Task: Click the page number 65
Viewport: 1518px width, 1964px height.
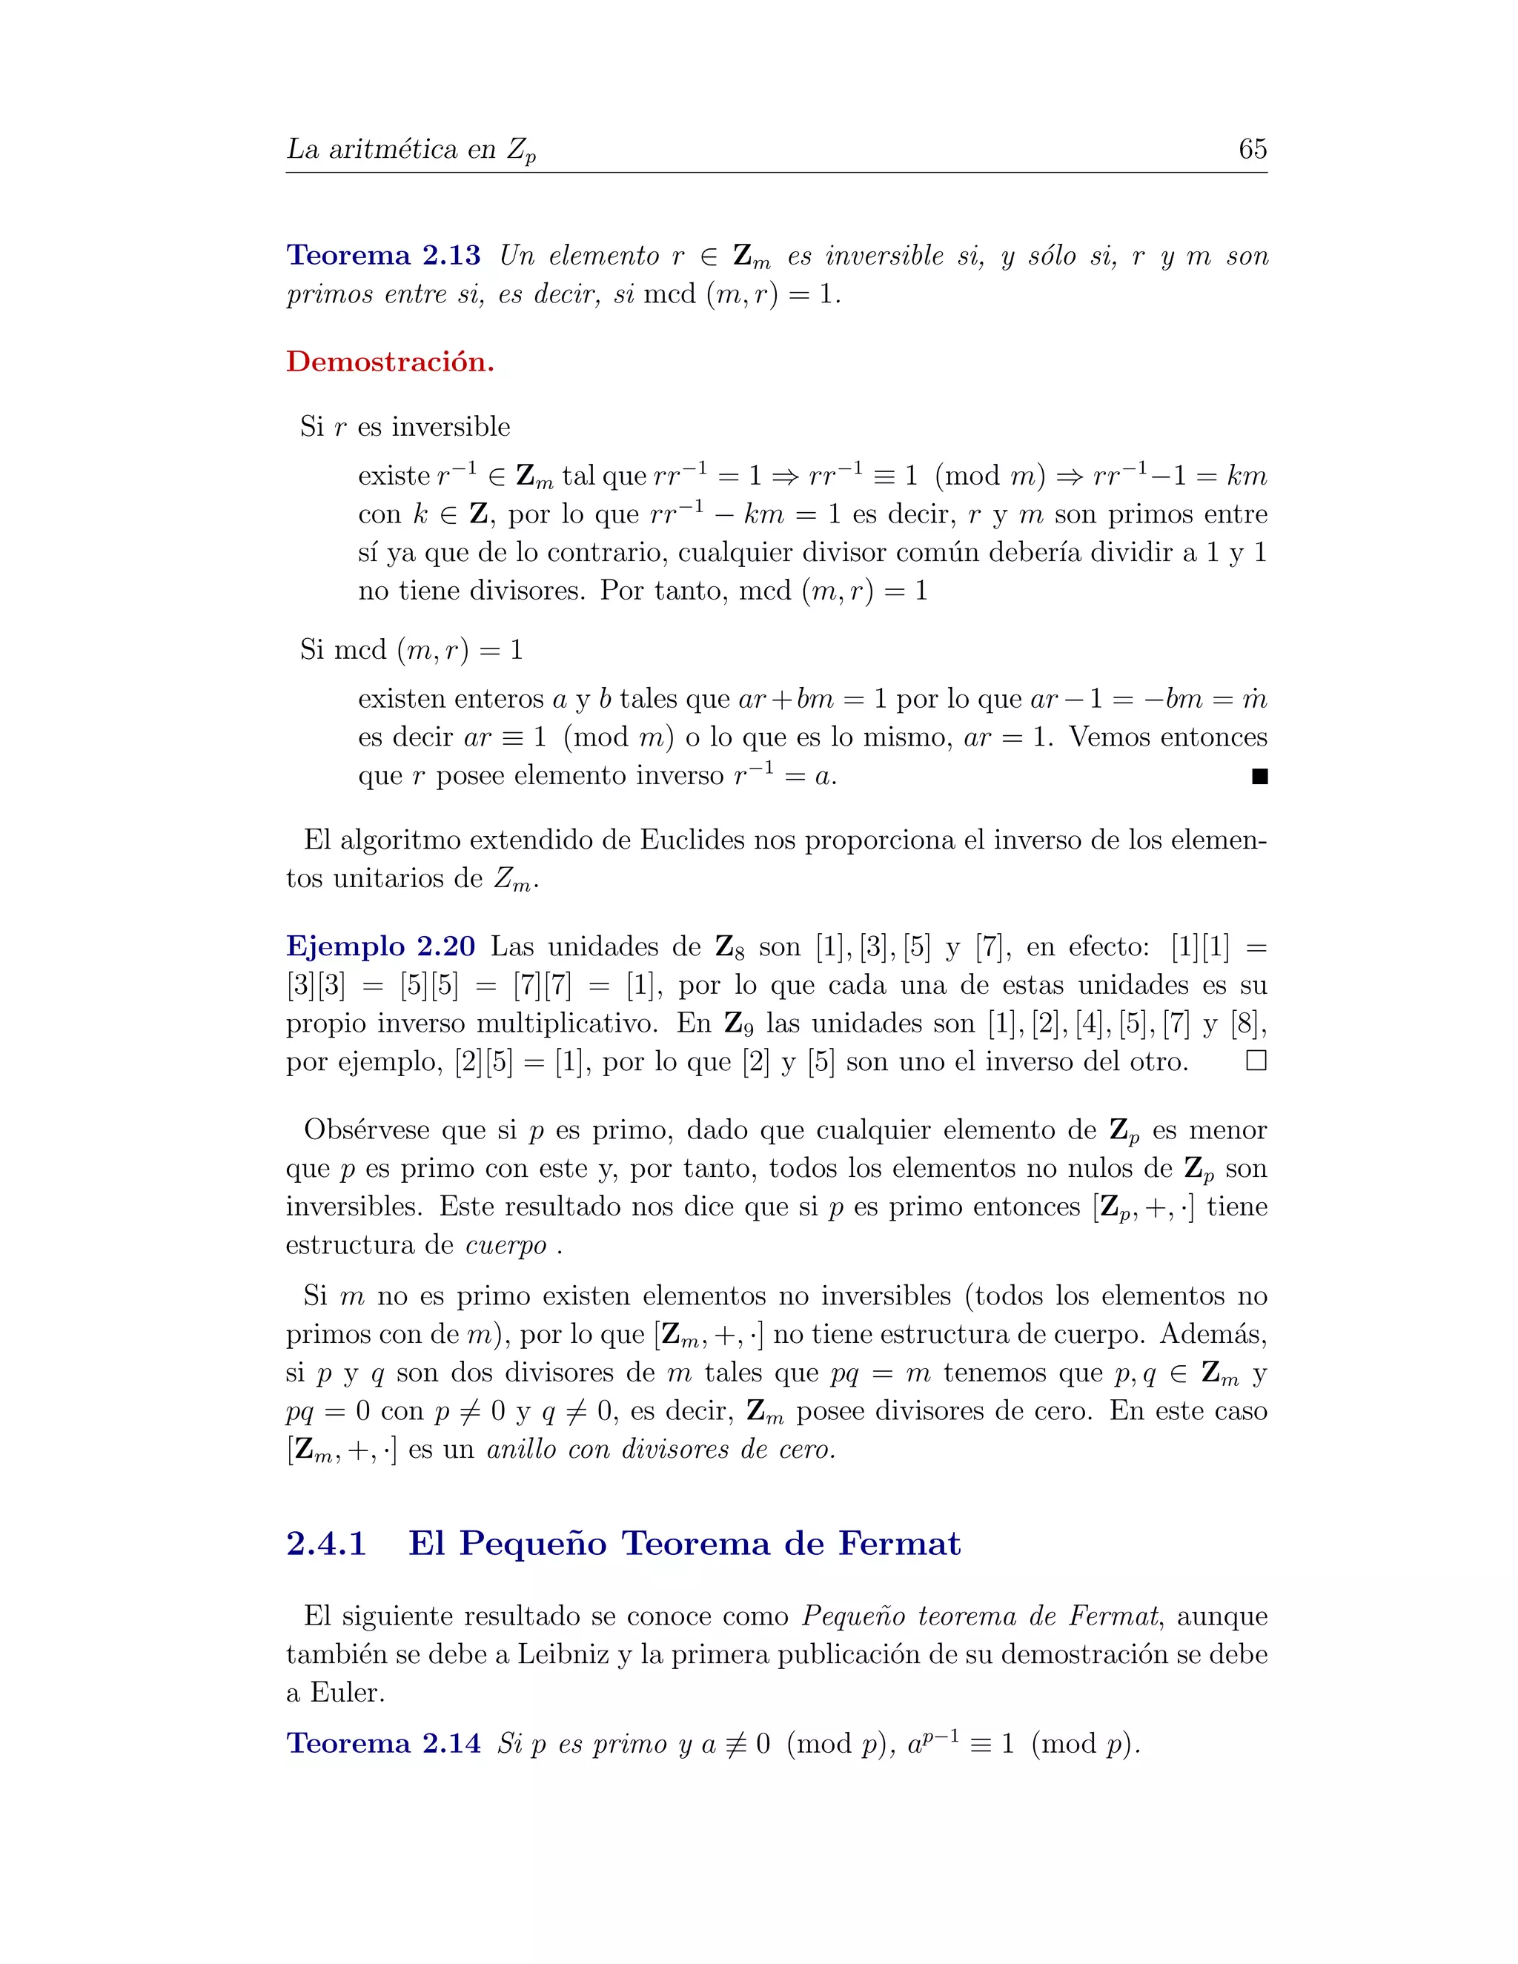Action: (1252, 148)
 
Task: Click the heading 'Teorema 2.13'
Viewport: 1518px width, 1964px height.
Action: (383, 256)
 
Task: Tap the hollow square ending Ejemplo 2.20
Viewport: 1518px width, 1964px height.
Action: (1256, 1061)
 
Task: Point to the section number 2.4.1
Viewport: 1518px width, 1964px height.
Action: (326, 1543)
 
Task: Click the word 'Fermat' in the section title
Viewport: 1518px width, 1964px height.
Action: (899, 1543)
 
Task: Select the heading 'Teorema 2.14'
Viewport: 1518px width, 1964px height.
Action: (383, 1743)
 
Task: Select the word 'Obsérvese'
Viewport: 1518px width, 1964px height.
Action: (367, 1129)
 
